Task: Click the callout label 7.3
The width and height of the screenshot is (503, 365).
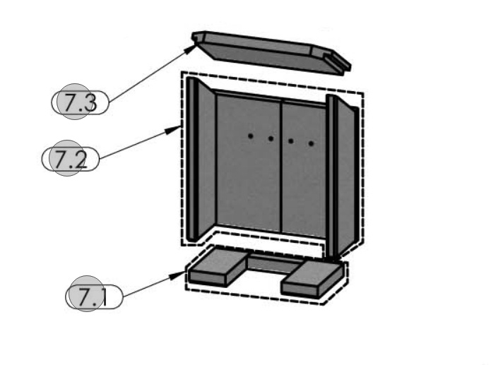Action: click(x=80, y=103)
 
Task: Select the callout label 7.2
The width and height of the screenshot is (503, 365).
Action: click(x=71, y=159)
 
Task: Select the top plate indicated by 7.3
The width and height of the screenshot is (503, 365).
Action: click(x=272, y=53)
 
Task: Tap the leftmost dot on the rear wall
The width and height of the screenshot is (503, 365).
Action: click(x=250, y=135)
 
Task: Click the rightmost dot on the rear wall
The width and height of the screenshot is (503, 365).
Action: click(x=311, y=143)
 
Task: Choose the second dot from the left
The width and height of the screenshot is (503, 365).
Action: click(x=271, y=138)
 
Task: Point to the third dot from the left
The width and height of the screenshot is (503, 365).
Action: click(x=291, y=141)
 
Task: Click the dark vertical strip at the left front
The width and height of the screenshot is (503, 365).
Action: click(x=191, y=159)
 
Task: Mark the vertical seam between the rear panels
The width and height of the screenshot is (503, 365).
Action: click(x=282, y=166)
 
